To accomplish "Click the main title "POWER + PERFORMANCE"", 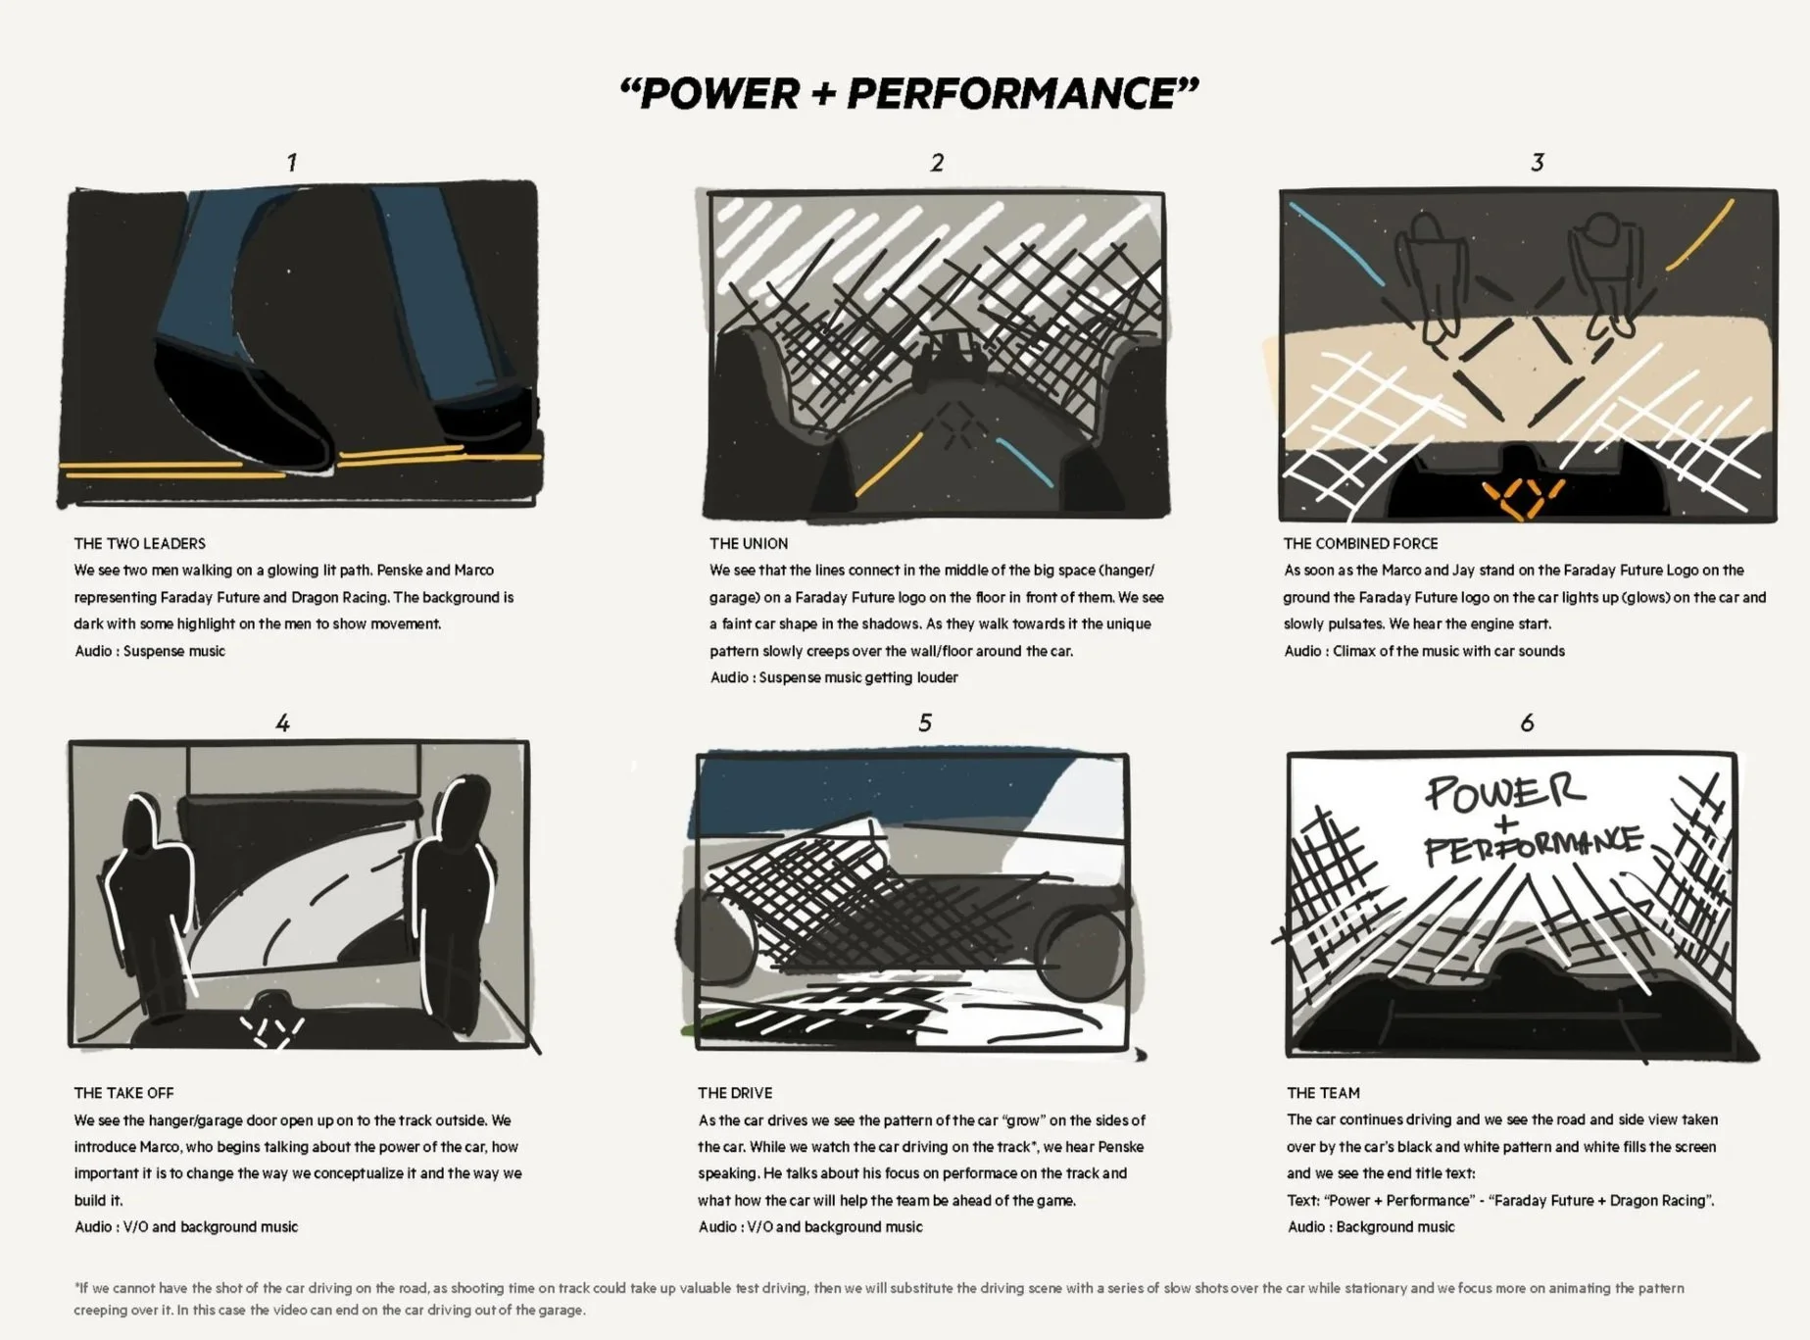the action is click(909, 94).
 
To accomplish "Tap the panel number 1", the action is click(291, 162).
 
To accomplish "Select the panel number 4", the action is click(282, 723).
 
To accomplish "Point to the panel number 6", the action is click(1527, 722).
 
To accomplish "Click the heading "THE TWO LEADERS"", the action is click(140, 544).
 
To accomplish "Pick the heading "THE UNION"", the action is click(749, 544).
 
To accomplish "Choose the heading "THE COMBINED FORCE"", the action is click(1361, 544).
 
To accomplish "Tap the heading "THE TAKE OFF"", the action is click(123, 1093).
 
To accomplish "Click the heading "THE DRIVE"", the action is click(735, 1093).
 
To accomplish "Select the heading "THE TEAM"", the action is click(1323, 1093).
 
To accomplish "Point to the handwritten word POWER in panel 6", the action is click(1504, 792).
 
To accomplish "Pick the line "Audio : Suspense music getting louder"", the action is click(834, 677).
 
